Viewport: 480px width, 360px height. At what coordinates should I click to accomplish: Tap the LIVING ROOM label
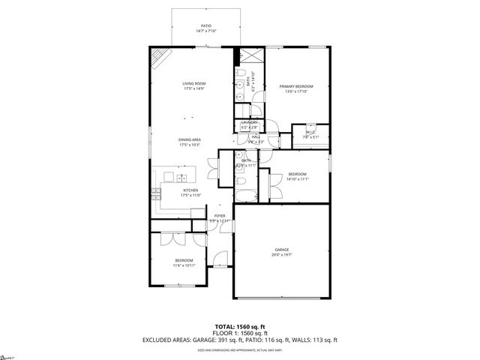193,83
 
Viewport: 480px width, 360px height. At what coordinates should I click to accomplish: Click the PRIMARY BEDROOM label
296,87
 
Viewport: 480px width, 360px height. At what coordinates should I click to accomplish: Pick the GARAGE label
281,250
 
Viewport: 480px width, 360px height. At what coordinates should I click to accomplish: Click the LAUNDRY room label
249,122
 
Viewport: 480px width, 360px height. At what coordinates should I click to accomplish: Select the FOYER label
219,216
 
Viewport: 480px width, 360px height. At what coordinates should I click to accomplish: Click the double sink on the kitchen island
175,178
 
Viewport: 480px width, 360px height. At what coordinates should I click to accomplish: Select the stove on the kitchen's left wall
156,192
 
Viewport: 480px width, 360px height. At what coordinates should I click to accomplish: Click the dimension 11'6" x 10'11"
184,265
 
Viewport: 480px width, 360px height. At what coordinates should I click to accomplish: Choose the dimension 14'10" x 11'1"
298,179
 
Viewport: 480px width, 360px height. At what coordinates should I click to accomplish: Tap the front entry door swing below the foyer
220,260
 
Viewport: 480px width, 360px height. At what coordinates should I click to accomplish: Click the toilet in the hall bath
239,182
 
